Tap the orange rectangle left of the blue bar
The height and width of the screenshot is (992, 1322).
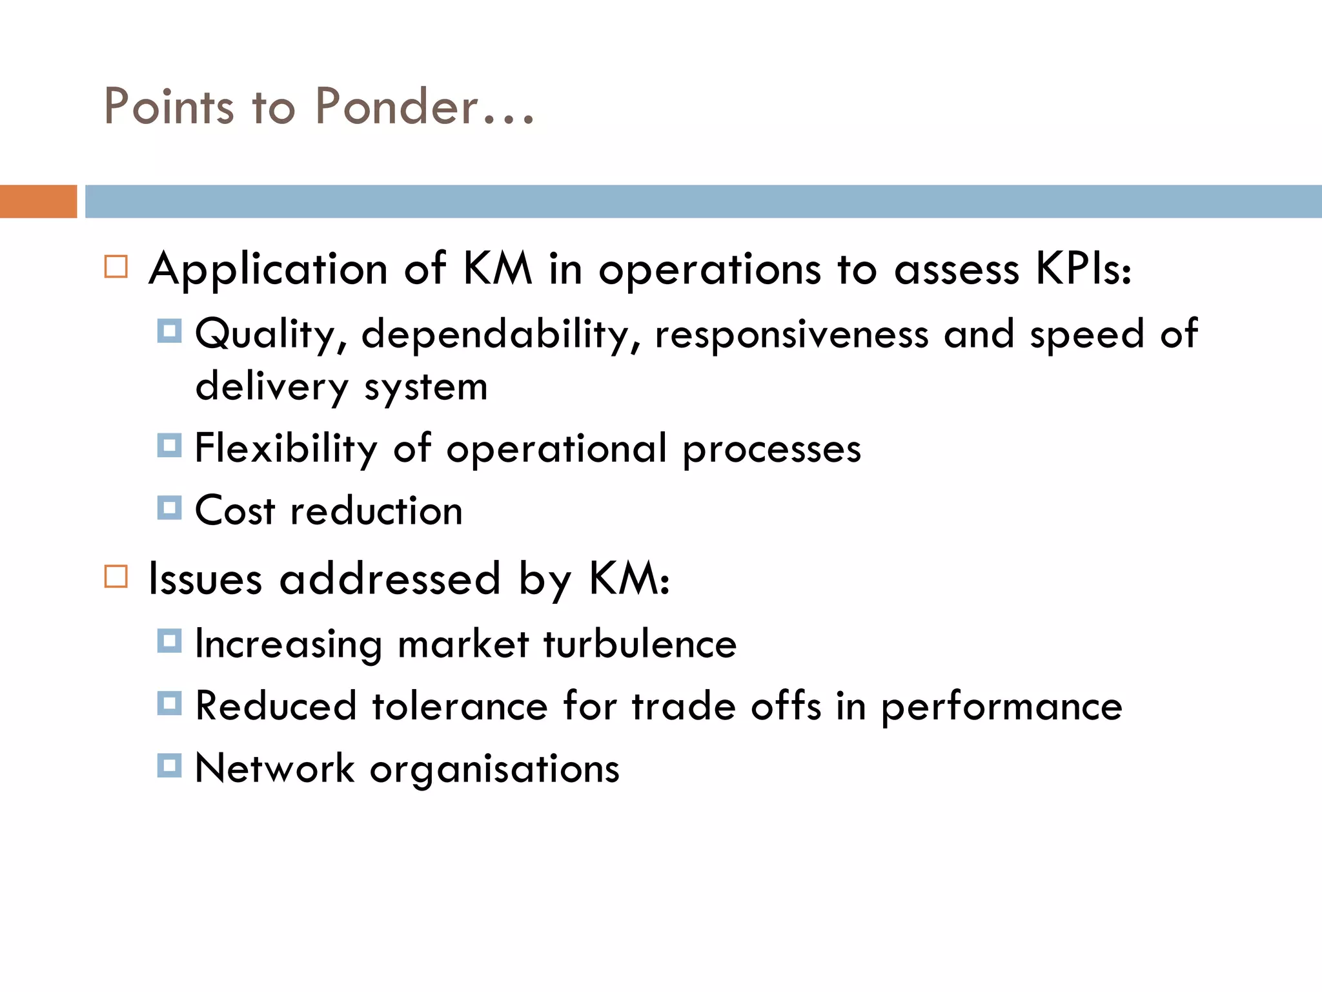38,201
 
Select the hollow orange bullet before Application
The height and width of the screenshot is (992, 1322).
116,266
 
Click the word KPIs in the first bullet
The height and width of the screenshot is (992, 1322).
1083,269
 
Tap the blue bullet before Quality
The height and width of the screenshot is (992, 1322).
169,331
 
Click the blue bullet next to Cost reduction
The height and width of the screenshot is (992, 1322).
169,508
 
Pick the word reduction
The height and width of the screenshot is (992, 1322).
376,511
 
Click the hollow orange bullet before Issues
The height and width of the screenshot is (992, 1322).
116,575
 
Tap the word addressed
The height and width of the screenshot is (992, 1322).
390,578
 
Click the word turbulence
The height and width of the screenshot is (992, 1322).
639,644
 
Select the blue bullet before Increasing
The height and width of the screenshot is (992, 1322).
169,641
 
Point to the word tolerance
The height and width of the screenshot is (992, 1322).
460,706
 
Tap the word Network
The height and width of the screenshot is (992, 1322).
274,769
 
